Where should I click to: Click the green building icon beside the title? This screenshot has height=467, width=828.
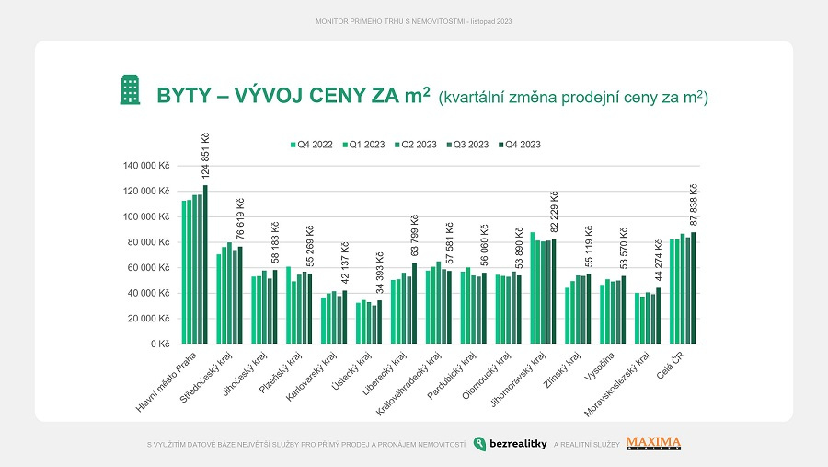(130, 90)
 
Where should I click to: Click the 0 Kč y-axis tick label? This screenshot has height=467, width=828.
(161, 344)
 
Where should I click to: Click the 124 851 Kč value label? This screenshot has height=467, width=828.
(205, 157)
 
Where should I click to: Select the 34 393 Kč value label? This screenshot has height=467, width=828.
(379, 273)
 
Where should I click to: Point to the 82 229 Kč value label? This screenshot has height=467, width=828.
(554, 213)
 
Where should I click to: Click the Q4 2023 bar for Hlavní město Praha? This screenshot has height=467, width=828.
(205, 264)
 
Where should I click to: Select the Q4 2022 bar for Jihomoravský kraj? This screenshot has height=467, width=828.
(533, 287)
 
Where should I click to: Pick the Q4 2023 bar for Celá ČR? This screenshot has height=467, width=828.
(694, 288)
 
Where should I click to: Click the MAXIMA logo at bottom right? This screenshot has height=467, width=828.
(653, 444)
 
